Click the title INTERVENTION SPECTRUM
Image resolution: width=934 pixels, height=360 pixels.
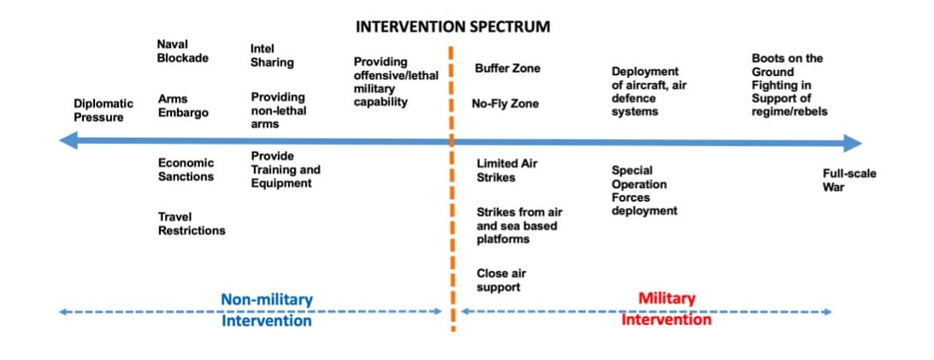452,27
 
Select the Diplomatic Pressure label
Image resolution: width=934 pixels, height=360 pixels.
103,110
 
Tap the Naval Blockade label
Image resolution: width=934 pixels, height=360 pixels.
183,50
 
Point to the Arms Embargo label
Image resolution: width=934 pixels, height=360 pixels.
183,106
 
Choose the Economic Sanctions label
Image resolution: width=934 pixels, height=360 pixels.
186,169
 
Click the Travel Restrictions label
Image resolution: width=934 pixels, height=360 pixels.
192,224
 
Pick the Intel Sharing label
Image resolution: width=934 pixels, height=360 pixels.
272,56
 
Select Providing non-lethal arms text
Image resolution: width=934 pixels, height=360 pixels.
278,110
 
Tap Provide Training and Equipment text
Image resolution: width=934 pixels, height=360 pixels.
286,169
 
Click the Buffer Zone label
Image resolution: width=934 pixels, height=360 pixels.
507,68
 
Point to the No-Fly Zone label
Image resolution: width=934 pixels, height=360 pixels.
505,104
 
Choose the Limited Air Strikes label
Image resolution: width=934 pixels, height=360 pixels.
507,170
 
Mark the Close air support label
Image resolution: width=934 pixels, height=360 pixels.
501,280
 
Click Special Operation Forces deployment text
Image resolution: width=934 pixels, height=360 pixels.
645,191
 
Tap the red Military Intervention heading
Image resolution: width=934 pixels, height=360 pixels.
666,308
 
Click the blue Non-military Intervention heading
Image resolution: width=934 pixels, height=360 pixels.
267,310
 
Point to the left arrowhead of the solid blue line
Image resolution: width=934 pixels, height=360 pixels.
68,141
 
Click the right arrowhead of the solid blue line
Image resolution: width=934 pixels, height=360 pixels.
853,143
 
